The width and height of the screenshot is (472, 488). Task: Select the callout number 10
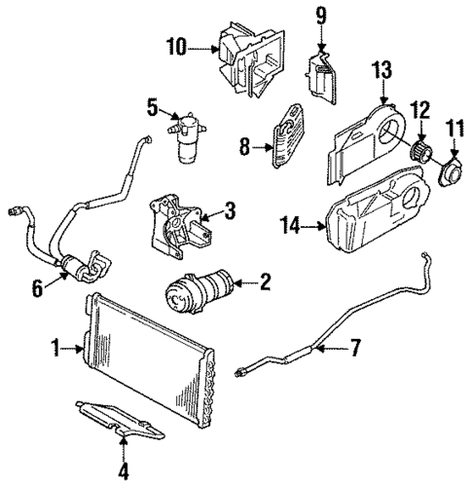(176, 46)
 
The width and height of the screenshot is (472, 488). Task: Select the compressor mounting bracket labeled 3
(174, 228)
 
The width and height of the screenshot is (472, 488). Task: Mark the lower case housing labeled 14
(375, 225)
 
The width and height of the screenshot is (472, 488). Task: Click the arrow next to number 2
(241, 283)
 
